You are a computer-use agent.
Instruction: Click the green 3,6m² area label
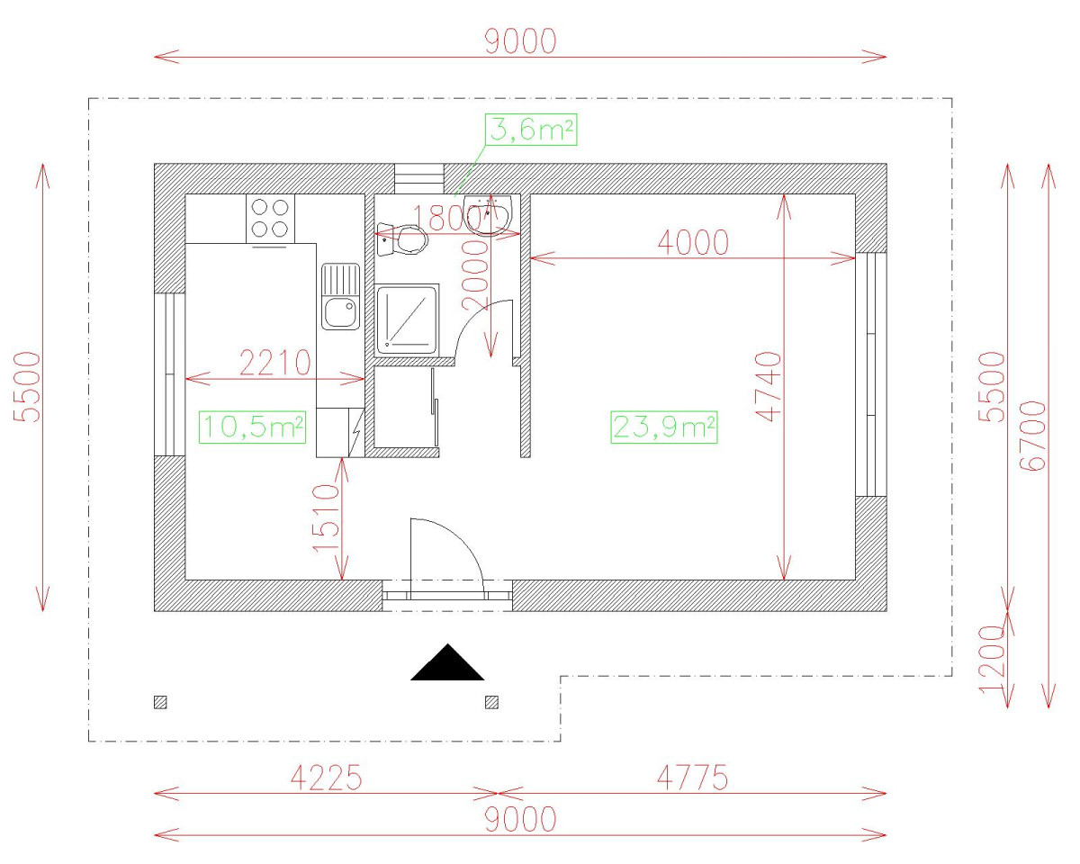(531, 130)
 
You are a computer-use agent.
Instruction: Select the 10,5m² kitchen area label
(252, 427)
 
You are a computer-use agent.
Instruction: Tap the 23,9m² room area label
(664, 427)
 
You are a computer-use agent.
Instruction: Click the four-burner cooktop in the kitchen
(270, 217)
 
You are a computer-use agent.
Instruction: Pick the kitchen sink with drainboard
(341, 297)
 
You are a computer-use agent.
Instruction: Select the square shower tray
(407, 318)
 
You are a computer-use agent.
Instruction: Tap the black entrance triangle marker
(447, 663)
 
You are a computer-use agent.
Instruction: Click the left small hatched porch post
(160, 702)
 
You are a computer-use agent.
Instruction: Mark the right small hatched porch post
(491, 702)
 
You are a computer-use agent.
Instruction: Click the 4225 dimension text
(326, 778)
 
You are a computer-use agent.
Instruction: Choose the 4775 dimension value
(690, 778)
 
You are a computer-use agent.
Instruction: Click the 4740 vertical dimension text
(769, 387)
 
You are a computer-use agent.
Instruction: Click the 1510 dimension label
(326, 519)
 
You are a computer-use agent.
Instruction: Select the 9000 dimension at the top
(520, 40)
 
